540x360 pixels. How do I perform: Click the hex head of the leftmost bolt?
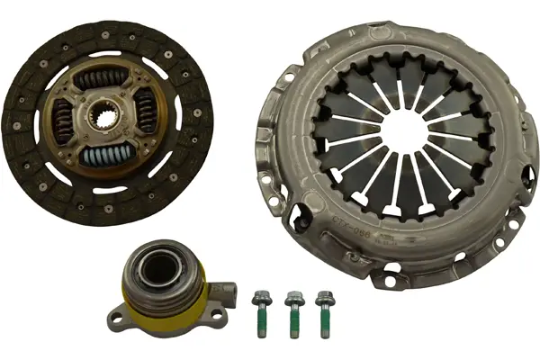262,295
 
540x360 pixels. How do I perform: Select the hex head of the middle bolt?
292,296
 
